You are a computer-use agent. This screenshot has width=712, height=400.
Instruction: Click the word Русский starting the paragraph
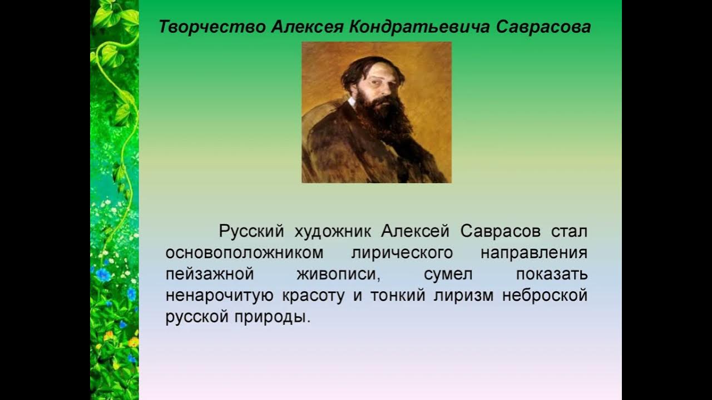(x=252, y=231)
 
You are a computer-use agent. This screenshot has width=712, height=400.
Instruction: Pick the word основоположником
(x=244, y=252)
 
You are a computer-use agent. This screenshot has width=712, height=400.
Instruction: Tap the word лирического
(x=402, y=252)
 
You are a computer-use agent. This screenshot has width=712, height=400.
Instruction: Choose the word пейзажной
(x=210, y=274)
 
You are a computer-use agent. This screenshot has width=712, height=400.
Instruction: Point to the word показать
(x=551, y=274)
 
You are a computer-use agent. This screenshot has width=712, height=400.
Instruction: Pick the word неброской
(x=545, y=296)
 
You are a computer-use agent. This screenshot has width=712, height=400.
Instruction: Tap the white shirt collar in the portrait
(x=352, y=102)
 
